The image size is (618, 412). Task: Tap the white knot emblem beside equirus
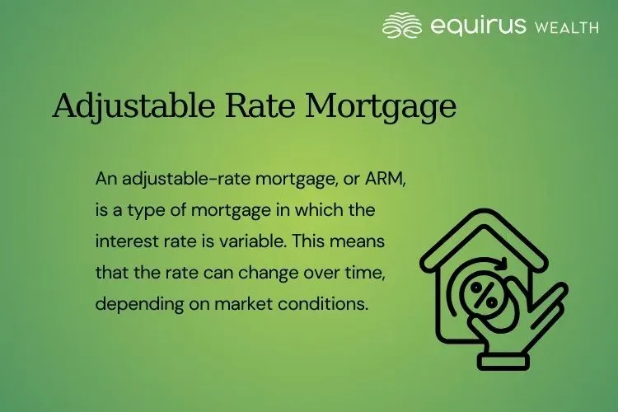pyautogui.click(x=403, y=26)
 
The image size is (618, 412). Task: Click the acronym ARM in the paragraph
pyautogui.click(x=351, y=179)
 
